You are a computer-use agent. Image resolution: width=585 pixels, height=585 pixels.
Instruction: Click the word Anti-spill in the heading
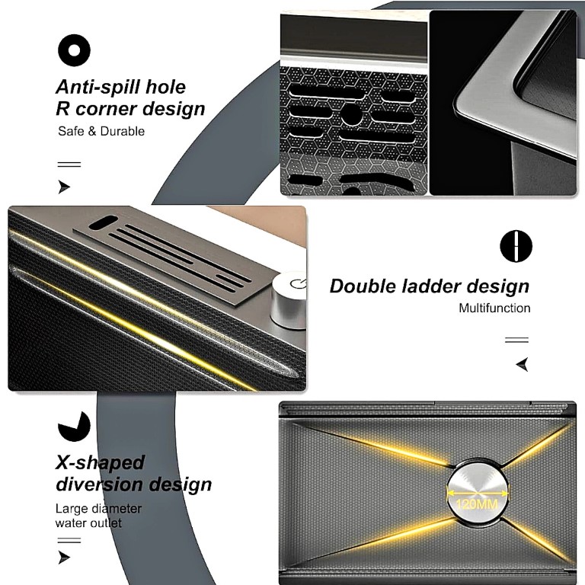pyautogui.click(x=98, y=88)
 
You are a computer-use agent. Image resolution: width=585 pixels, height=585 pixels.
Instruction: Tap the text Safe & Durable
pyautogui.click(x=101, y=131)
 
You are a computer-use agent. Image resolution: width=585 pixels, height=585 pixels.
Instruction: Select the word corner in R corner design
pyautogui.click(x=107, y=109)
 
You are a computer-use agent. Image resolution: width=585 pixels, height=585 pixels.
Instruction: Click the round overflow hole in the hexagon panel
pyautogui.click(x=351, y=114)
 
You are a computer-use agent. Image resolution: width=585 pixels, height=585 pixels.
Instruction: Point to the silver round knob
pyautogui.click(x=289, y=300)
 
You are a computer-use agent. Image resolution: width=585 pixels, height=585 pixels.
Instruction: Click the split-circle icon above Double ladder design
pyautogui.click(x=516, y=246)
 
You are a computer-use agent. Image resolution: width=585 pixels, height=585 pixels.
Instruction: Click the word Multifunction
pyautogui.click(x=494, y=308)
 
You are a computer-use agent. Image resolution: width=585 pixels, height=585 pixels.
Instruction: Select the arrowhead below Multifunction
pyautogui.click(x=523, y=364)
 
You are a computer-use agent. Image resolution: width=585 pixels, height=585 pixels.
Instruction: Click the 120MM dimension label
pyautogui.click(x=476, y=504)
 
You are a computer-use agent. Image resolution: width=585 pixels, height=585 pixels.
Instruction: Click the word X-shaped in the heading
pyautogui.click(x=100, y=463)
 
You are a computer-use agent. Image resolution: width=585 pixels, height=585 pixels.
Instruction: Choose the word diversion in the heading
pyautogui.click(x=99, y=484)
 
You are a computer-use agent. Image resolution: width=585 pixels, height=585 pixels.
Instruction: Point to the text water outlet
pyautogui.click(x=88, y=523)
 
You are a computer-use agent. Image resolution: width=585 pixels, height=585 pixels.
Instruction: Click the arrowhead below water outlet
pyautogui.click(x=65, y=558)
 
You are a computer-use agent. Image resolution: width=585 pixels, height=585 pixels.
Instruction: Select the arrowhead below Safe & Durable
pyautogui.click(x=65, y=187)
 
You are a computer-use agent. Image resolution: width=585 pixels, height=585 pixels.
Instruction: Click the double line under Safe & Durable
pyautogui.click(x=69, y=165)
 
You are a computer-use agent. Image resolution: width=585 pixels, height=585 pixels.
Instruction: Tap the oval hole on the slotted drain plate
pyautogui.click(x=103, y=222)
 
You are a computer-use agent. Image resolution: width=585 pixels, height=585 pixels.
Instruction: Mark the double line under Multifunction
pyautogui.click(x=516, y=340)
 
